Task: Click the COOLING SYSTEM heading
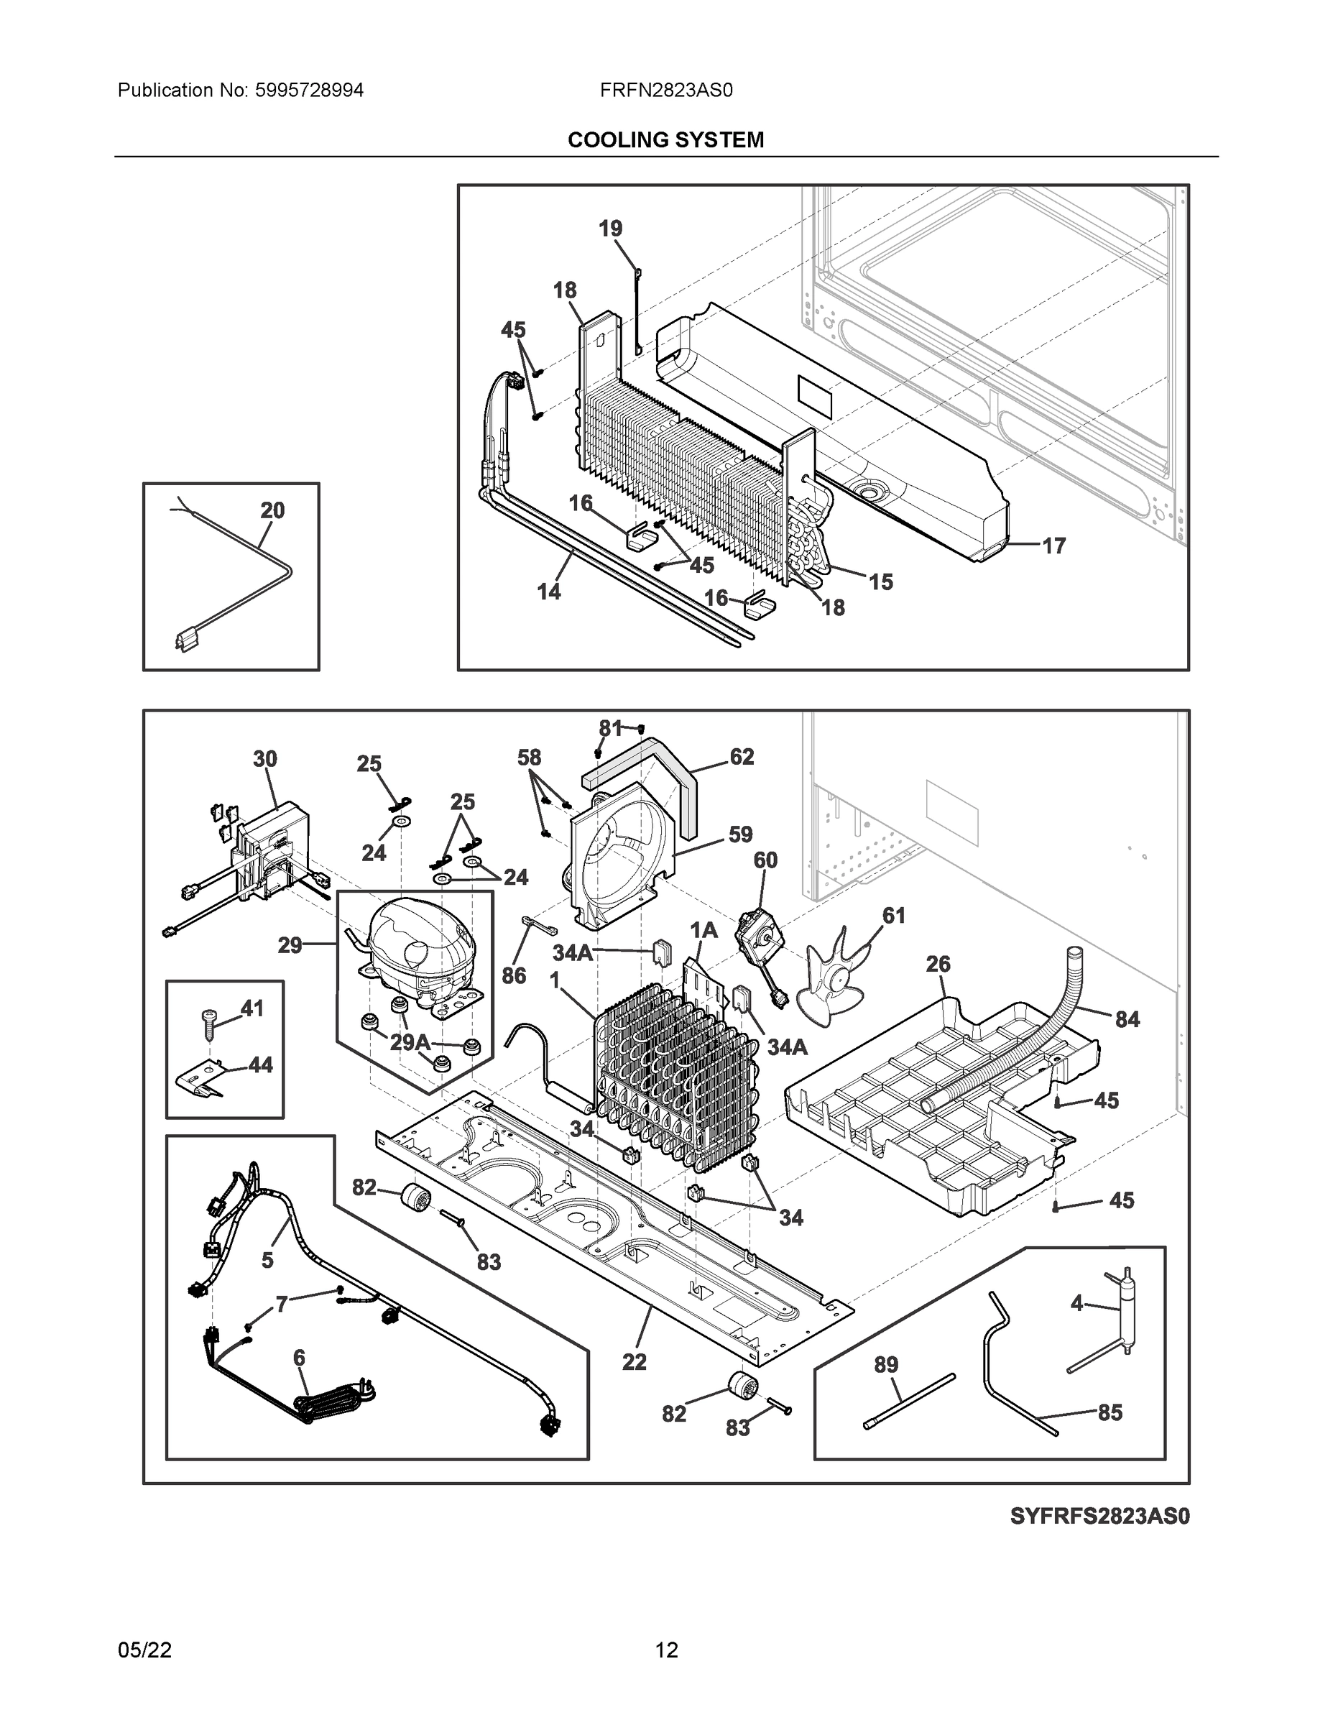[665, 140]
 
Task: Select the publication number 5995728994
[309, 91]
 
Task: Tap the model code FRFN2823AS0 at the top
[665, 91]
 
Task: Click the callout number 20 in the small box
[272, 511]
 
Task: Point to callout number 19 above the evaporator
[609, 229]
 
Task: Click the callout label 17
[1053, 546]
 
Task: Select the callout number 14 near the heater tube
[549, 592]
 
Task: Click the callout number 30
[264, 759]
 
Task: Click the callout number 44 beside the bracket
[261, 1065]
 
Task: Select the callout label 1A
[704, 931]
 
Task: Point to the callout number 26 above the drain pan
[938, 965]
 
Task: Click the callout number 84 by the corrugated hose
[1127, 1020]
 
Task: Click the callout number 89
[886, 1365]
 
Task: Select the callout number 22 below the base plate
[634, 1363]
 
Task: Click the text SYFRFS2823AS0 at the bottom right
[1099, 1517]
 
